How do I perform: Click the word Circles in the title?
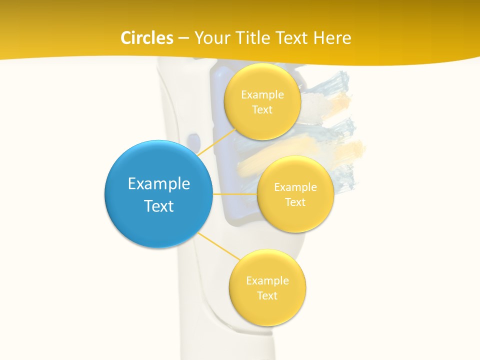click(x=146, y=38)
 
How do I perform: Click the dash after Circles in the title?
click(x=183, y=38)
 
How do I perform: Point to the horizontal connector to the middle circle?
click(x=235, y=194)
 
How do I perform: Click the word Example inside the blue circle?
click(x=159, y=184)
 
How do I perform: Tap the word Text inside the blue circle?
click(x=159, y=206)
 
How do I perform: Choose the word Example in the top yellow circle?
click(x=262, y=95)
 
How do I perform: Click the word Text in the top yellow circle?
click(x=262, y=110)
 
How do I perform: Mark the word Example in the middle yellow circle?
click(x=295, y=187)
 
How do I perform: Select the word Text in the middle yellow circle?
click(x=295, y=202)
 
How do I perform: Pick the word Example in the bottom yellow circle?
click(x=267, y=281)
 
